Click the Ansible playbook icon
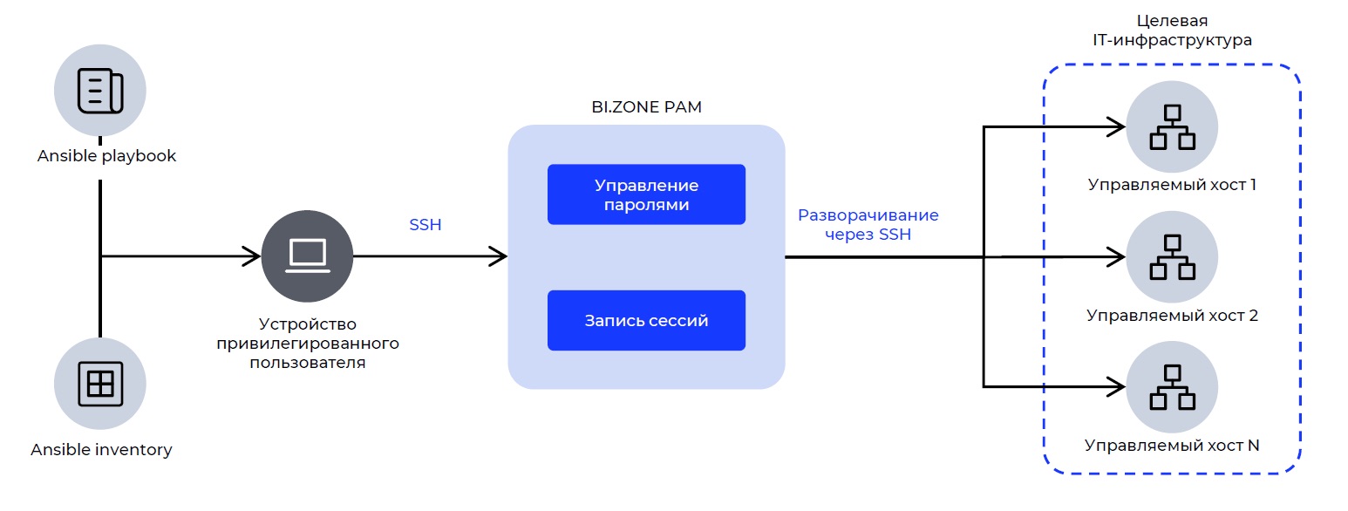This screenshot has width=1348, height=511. point(100,90)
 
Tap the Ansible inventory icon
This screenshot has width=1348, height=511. point(100,384)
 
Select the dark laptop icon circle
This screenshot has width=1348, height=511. point(307,255)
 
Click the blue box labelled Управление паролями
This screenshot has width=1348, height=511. point(646,194)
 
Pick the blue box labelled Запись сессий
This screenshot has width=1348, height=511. point(646,320)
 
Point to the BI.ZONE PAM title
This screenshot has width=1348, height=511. point(646,107)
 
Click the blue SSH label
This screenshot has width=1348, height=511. point(426,225)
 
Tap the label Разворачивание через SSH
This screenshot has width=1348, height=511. point(868,224)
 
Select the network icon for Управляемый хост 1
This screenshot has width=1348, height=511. point(1172,126)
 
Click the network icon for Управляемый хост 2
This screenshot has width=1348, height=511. point(1172,256)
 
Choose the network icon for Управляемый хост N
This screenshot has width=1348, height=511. point(1172,386)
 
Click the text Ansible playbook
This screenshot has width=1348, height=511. point(107,156)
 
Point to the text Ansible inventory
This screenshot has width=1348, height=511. point(101,450)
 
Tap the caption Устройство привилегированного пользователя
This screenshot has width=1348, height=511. point(308,343)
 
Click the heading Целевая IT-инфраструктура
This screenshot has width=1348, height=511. point(1171,31)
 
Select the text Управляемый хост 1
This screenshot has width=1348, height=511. point(1171,185)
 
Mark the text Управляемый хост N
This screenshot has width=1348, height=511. point(1172,445)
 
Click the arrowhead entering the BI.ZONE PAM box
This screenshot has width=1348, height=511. point(499,256)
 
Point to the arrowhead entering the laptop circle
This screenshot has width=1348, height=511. point(253,256)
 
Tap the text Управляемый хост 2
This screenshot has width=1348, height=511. point(1172,315)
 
